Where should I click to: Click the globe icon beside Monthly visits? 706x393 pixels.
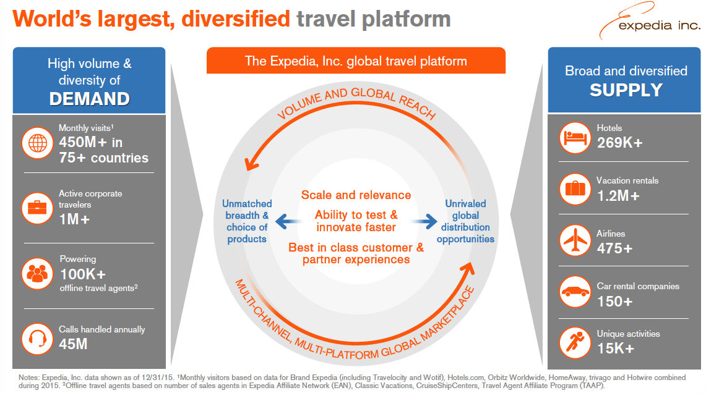(37, 143)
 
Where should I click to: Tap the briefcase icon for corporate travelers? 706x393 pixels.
(37, 208)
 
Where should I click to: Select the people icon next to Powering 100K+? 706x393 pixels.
(37, 273)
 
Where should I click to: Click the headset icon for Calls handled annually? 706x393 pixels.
(37, 339)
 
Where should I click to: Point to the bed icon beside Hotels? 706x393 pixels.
(575, 138)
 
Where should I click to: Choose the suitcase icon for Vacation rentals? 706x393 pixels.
(575, 189)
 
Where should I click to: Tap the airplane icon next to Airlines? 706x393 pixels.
(575, 240)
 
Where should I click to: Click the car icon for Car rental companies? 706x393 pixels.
(575, 292)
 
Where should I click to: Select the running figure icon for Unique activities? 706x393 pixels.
(575, 342)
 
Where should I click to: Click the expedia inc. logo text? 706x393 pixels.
(659, 25)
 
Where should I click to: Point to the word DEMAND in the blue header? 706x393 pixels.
(90, 99)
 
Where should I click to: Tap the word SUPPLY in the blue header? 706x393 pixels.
(626, 90)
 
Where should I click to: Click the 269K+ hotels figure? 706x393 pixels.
(619, 143)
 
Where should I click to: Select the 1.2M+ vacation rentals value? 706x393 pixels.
(618, 196)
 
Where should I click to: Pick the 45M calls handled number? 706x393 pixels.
(73, 344)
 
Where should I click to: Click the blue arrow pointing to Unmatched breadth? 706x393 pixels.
(288, 221)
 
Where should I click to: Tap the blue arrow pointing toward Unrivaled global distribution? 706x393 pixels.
(424, 221)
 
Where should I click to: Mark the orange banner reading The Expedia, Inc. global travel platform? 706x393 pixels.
(356, 61)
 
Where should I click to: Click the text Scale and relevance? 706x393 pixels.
(356, 195)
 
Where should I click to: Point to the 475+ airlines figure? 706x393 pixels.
(614, 248)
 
